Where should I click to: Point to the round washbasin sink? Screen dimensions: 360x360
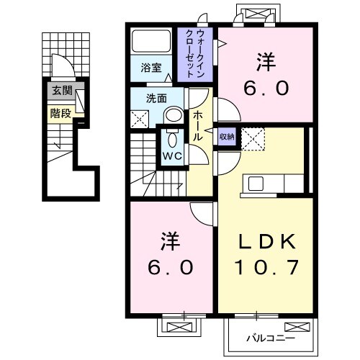tap(173, 116)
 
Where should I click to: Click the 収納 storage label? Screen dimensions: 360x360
tap(227, 136)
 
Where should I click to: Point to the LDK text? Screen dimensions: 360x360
tap(264, 241)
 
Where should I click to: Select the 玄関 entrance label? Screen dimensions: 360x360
tap(60, 91)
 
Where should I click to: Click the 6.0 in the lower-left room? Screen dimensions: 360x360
tap(171, 267)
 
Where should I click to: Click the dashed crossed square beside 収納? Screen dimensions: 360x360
tap(254, 138)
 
